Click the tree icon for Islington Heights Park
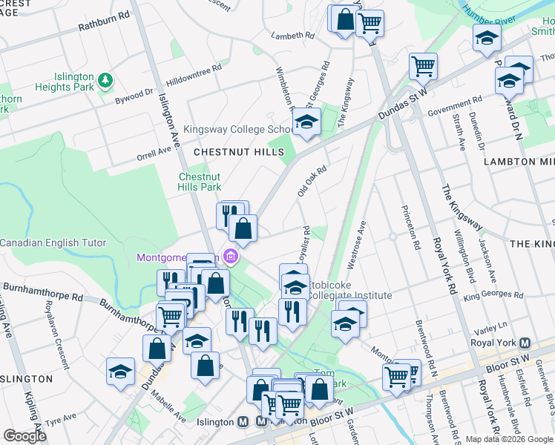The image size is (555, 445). (x=105, y=78)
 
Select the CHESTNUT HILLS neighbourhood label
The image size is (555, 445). (x=238, y=152)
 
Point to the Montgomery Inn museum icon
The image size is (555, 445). (x=231, y=257)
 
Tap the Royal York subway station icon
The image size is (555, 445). (x=525, y=343)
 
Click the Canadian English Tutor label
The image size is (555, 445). (x=53, y=243)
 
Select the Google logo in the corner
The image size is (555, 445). (x=25, y=435)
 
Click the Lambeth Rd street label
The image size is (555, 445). (x=293, y=35)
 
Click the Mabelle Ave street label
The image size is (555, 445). (x=168, y=409)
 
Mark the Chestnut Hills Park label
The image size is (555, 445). (x=199, y=182)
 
